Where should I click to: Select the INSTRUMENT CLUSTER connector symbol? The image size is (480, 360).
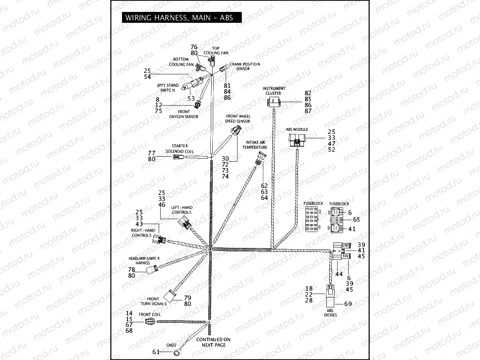273,103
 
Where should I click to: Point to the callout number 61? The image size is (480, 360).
156,352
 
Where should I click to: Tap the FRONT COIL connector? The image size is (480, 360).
150,321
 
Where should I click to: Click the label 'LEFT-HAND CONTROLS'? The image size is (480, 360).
181,210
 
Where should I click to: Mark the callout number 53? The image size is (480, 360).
191,98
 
